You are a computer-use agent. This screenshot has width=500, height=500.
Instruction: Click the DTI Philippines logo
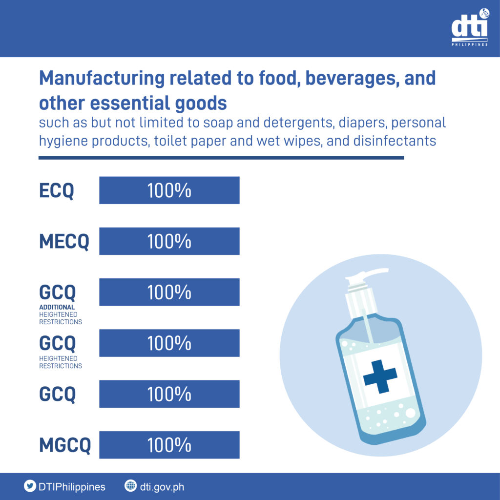[469, 28]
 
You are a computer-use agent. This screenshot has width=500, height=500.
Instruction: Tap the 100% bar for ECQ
[169, 190]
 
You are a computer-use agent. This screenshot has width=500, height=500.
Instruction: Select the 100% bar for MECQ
[169, 241]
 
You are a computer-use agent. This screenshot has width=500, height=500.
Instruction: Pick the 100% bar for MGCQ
[169, 445]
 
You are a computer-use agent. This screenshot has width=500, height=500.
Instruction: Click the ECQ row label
[57, 191]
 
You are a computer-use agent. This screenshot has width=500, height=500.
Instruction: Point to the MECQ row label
[64, 242]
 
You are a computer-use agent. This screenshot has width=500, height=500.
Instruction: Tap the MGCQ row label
[65, 445]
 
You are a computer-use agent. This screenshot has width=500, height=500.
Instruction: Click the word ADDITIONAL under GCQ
[57, 308]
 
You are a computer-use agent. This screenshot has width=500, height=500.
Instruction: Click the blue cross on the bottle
[380, 376]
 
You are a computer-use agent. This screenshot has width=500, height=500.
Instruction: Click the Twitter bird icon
[30, 486]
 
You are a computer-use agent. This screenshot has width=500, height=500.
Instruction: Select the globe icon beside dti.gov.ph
[130, 486]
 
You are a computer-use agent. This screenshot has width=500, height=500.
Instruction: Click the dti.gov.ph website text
[162, 487]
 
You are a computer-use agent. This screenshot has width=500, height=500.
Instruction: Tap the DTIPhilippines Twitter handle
[71, 487]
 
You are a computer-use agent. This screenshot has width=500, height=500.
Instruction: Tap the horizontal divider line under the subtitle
[221, 158]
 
